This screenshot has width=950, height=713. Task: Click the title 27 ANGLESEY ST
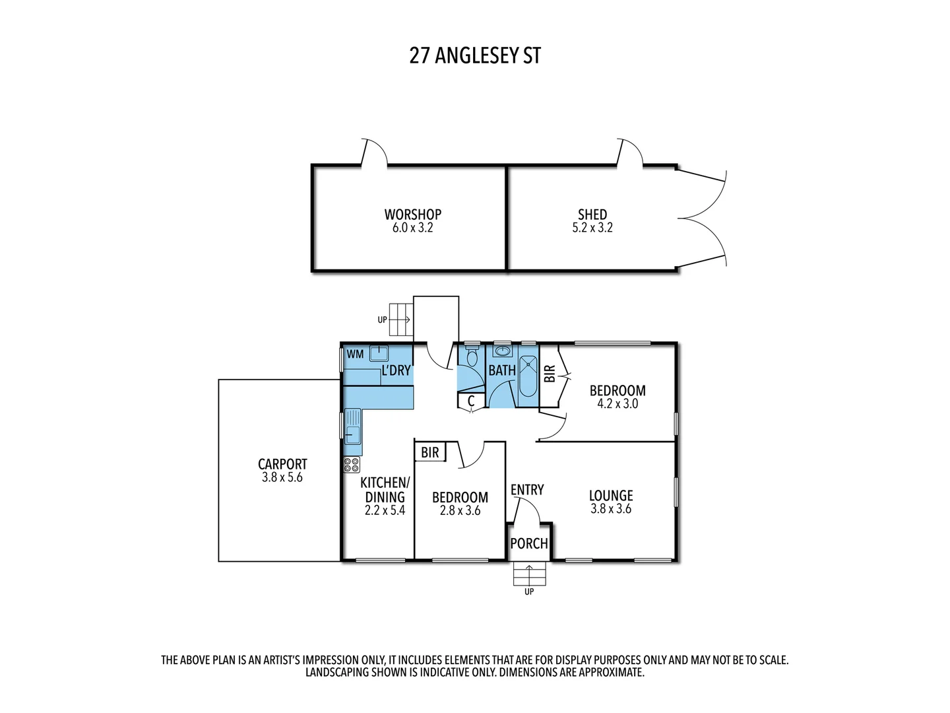pyautogui.click(x=475, y=55)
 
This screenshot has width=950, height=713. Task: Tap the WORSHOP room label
pyautogui.click(x=413, y=215)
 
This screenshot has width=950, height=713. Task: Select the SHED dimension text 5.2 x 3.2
pyautogui.click(x=592, y=228)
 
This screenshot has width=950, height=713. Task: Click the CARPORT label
pyautogui.click(x=282, y=464)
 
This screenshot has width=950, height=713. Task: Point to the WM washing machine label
pyautogui.click(x=355, y=355)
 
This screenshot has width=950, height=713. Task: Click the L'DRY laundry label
pyautogui.click(x=396, y=370)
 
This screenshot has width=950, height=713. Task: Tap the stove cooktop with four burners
pyautogui.click(x=351, y=464)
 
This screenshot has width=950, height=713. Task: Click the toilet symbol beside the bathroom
pyautogui.click(x=471, y=357)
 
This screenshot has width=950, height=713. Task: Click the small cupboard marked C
pyautogui.click(x=471, y=401)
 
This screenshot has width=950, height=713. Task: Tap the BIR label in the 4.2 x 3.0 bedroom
pyautogui.click(x=549, y=375)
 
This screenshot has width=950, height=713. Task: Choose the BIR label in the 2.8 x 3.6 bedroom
pyautogui.click(x=430, y=453)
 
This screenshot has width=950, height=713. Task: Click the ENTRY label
pyautogui.click(x=527, y=489)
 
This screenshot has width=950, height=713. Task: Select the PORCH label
pyautogui.click(x=529, y=543)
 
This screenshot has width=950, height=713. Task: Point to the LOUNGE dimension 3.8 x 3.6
pyautogui.click(x=611, y=509)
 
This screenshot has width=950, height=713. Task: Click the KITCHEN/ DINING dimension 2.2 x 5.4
pyautogui.click(x=385, y=510)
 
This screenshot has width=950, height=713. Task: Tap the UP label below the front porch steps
pyautogui.click(x=529, y=592)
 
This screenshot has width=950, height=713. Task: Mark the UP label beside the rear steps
pyautogui.click(x=382, y=320)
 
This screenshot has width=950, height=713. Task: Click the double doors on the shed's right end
pyautogui.click(x=703, y=218)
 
